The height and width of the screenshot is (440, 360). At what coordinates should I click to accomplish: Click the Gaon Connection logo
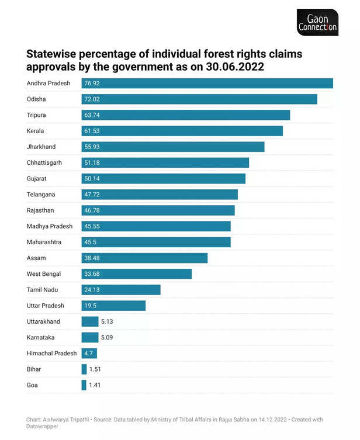click(x=317, y=23)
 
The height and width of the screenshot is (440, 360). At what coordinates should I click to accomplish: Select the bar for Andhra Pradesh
click(x=207, y=84)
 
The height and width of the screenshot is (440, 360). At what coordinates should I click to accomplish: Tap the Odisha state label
click(x=36, y=99)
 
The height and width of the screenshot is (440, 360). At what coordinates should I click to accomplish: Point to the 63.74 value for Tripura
click(x=92, y=115)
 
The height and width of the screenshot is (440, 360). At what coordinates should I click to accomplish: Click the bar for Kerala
click(x=182, y=131)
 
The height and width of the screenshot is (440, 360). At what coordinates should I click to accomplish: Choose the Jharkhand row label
click(x=41, y=147)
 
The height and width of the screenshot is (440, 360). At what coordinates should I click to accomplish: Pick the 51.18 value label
click(x=92, y=162)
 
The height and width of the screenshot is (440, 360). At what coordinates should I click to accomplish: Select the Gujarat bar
click(x=163, y=178)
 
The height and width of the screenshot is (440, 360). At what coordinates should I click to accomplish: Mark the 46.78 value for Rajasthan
click(x=92, y=210)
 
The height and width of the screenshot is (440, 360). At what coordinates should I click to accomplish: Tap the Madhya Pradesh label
click(x=50, y=226)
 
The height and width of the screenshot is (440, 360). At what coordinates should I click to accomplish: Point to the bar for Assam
click(x=144, y=258)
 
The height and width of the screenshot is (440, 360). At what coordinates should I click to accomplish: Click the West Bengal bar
click(x=136, y=273)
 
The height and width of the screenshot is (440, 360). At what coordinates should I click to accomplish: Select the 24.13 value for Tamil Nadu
click(x=92, y=290)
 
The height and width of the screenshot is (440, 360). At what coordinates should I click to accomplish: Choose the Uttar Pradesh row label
click(x=46, y=306)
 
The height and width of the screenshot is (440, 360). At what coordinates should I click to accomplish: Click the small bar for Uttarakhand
click(x=90, y=321)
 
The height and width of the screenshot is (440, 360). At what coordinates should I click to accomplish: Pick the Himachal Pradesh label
click(x=52, y=353)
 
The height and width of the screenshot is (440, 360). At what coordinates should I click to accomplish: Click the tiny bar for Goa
click(x=84, y=385)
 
